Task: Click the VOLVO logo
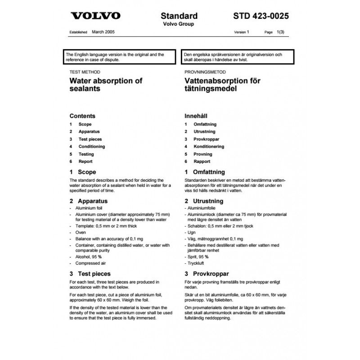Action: [96, 16]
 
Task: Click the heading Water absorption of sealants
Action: [105, 85]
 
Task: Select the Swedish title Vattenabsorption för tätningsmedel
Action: [222, 85]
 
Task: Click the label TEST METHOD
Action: [85, 72]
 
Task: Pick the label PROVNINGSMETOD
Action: [205, 72]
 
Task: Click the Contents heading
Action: [82, 116]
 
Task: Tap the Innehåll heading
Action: [196, 116]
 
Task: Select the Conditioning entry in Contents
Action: [91, 147]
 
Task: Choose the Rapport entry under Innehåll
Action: [202, 162]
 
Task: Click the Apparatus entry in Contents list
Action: [89, 131]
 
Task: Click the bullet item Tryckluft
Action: [197, 263]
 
